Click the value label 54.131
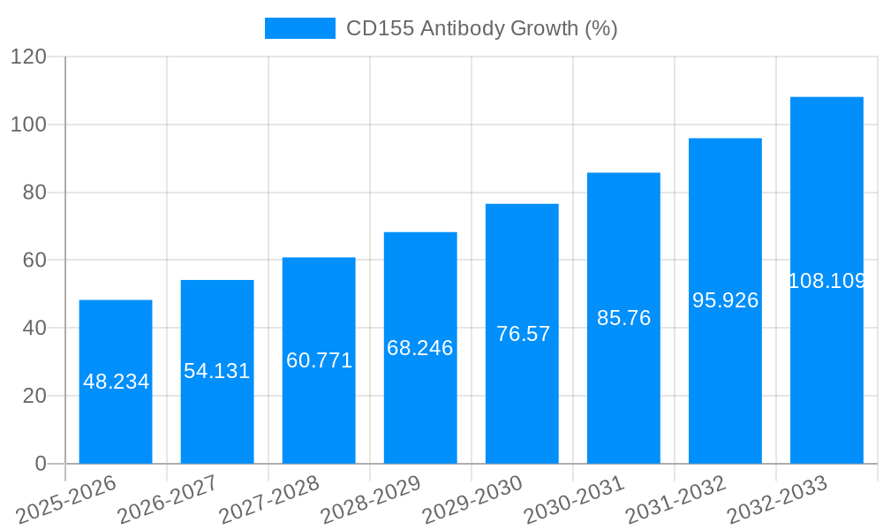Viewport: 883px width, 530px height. (x=217, y=371)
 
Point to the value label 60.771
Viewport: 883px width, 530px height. (x=319, y=360)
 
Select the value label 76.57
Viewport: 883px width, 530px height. (x=523, y=334)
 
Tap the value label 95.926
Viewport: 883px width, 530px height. (x=725, y=300)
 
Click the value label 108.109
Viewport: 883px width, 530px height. (x=826, y=281)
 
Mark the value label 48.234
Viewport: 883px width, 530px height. (x=117, y=382)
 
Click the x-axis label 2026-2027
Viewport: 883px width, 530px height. (x=168, y=500)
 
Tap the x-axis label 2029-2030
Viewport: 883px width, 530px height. (x=472, y=500)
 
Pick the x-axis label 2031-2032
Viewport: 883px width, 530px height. (x=675, y=500)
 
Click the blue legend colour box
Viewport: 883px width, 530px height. (x=300, y=28)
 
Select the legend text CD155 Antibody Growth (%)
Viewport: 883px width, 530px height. (x=481, y=28)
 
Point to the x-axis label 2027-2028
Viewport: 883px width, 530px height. (x=269, y=500)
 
